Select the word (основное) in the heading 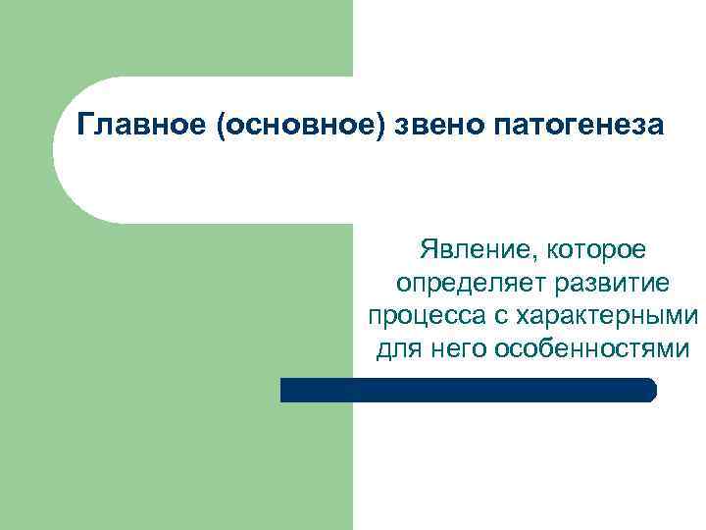(299, 127)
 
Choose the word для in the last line (395, 348)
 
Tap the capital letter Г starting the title (85, 127)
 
